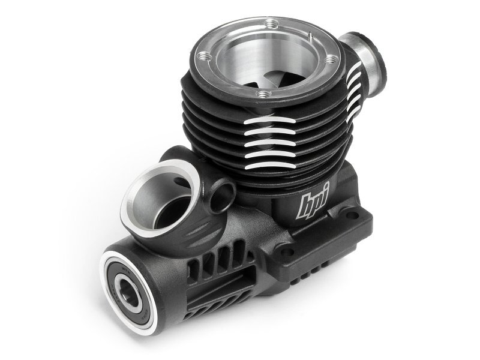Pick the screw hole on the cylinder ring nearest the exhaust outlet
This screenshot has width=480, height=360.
(331, 59)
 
